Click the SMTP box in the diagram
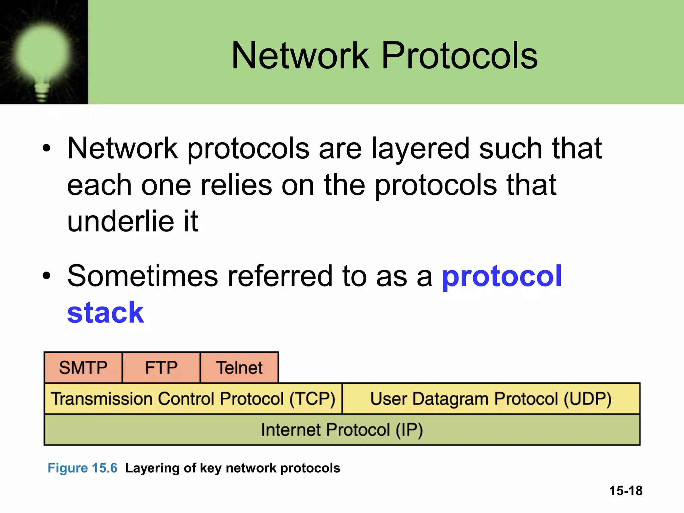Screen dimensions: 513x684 pyautogui.click(x=83, y=367)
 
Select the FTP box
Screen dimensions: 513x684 pyautogui.click(x=161, y=367)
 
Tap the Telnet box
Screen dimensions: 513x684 pyautogui.click(x=239, y=367)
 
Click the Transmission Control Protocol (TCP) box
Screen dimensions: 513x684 pyautogui.click(x=193, y=399)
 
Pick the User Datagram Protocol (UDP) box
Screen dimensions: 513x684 pyautogui.click(x=491, y=399)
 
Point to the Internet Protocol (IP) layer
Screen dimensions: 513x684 pyautogui.click(x=342, y=430)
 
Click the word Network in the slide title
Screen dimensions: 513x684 pyautogui.click(x=300, y=56)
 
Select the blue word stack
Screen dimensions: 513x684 pyautogui.click(x=106, y=313)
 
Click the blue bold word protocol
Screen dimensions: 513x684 pyautogui.click(x=502, y=277)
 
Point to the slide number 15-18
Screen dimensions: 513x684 pyautogui.click(x=626, y=491)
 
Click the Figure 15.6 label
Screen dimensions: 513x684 pyautogui.click(x=82, y=468)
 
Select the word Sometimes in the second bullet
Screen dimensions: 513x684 pyautogui.click(x=143, y=276)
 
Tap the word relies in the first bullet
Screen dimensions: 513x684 pyautogui.click(x=236, y=185)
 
